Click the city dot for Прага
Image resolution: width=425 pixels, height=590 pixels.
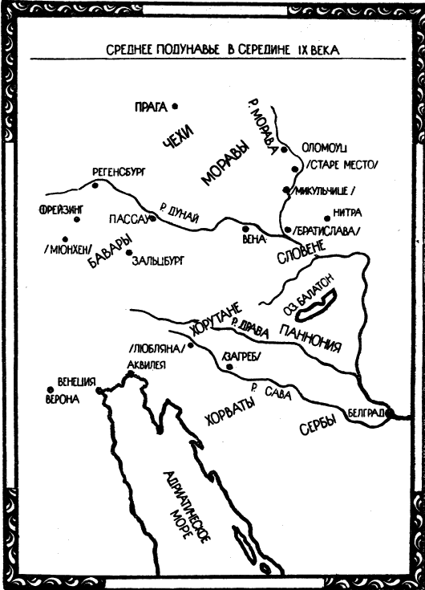coord(175,107)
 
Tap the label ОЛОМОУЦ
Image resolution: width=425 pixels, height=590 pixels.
coord(324,148)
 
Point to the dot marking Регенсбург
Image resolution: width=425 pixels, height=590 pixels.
coord(95,185)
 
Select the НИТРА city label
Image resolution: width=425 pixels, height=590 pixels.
coord(347,213)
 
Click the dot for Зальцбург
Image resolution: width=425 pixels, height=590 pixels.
coord(129,253)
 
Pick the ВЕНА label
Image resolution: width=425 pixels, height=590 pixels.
coord(253,239)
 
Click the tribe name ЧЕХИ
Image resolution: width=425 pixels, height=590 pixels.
coord(179,137)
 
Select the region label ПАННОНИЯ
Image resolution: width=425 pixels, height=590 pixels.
coord(311,339)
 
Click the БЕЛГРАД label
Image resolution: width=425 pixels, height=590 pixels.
coord(366,413)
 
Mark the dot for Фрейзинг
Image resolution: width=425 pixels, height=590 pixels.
coord(77,219)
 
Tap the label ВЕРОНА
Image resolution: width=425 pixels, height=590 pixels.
coord(63,399)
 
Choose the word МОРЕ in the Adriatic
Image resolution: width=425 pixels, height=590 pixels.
coord(181,524)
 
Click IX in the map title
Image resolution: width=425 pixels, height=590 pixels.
coord(303,51)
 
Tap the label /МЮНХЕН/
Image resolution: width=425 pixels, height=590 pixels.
coord(68,250)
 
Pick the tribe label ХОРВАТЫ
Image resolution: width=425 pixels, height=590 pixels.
coord(230,411)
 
